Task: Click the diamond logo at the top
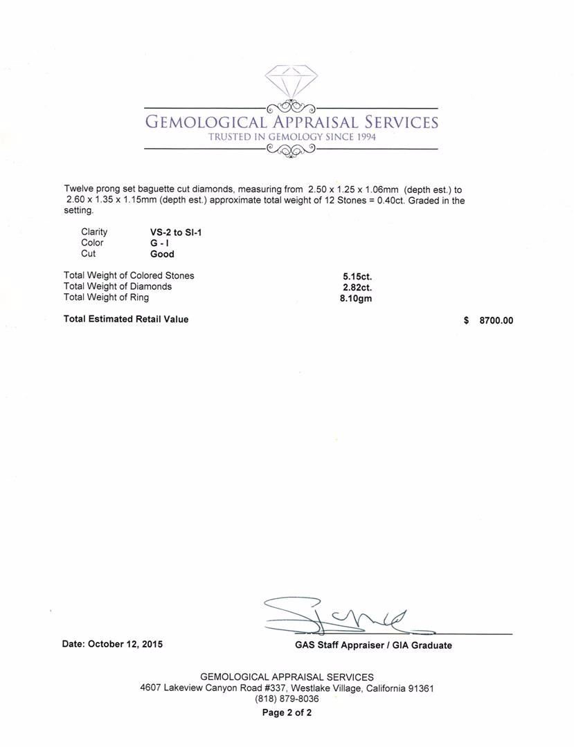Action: click(x=291, y=82)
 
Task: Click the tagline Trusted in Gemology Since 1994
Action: click(x=291, y=137)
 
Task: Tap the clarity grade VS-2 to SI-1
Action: click(x=176, y=232)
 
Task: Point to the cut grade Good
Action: click(x=162, y=254)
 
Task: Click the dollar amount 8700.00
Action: click(x=496, y=320)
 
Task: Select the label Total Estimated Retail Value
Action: click(x=126, y=320)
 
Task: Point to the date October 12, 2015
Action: click(x=113, y=644)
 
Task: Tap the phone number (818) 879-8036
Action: click(x=287, y=699)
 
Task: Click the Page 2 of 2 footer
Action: click(x=287, y=712)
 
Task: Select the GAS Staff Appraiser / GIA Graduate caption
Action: click(x=373, y=645)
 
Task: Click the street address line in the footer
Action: click(x=287, y=688)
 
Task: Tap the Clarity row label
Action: click(x=94, y=232)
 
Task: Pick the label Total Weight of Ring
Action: click(x=106, y=297)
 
